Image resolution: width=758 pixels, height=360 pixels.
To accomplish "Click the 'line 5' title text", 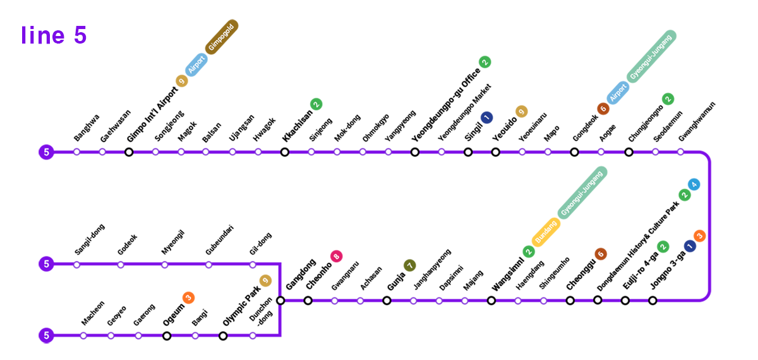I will [54, 35].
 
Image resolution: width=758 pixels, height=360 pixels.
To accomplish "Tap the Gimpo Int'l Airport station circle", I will [129, 152].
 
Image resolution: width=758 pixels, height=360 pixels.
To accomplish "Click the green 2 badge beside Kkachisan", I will [316, 104].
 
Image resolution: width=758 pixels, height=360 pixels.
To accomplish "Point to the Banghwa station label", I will [87, 128].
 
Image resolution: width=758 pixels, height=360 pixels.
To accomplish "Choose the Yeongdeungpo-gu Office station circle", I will [414, 152].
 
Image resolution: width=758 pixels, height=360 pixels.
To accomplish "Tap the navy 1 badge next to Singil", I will [486, 117].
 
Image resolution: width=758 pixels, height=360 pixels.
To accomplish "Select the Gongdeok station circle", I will [574, 152].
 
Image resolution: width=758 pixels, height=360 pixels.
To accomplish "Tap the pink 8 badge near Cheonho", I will [337, 256].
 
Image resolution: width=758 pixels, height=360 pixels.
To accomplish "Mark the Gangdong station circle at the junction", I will [280, 301].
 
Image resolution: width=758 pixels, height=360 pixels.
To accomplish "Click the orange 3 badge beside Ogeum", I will [188, 297].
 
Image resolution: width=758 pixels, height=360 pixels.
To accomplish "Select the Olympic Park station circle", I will [223, 335].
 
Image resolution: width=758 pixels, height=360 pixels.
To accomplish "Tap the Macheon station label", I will [93, 313].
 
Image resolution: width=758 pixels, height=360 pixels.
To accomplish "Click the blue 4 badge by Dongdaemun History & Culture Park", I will [694, 184].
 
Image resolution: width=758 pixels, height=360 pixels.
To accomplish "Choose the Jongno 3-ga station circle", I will [653, 301].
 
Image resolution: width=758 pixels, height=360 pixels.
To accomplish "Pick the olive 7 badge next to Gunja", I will [409, 265].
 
